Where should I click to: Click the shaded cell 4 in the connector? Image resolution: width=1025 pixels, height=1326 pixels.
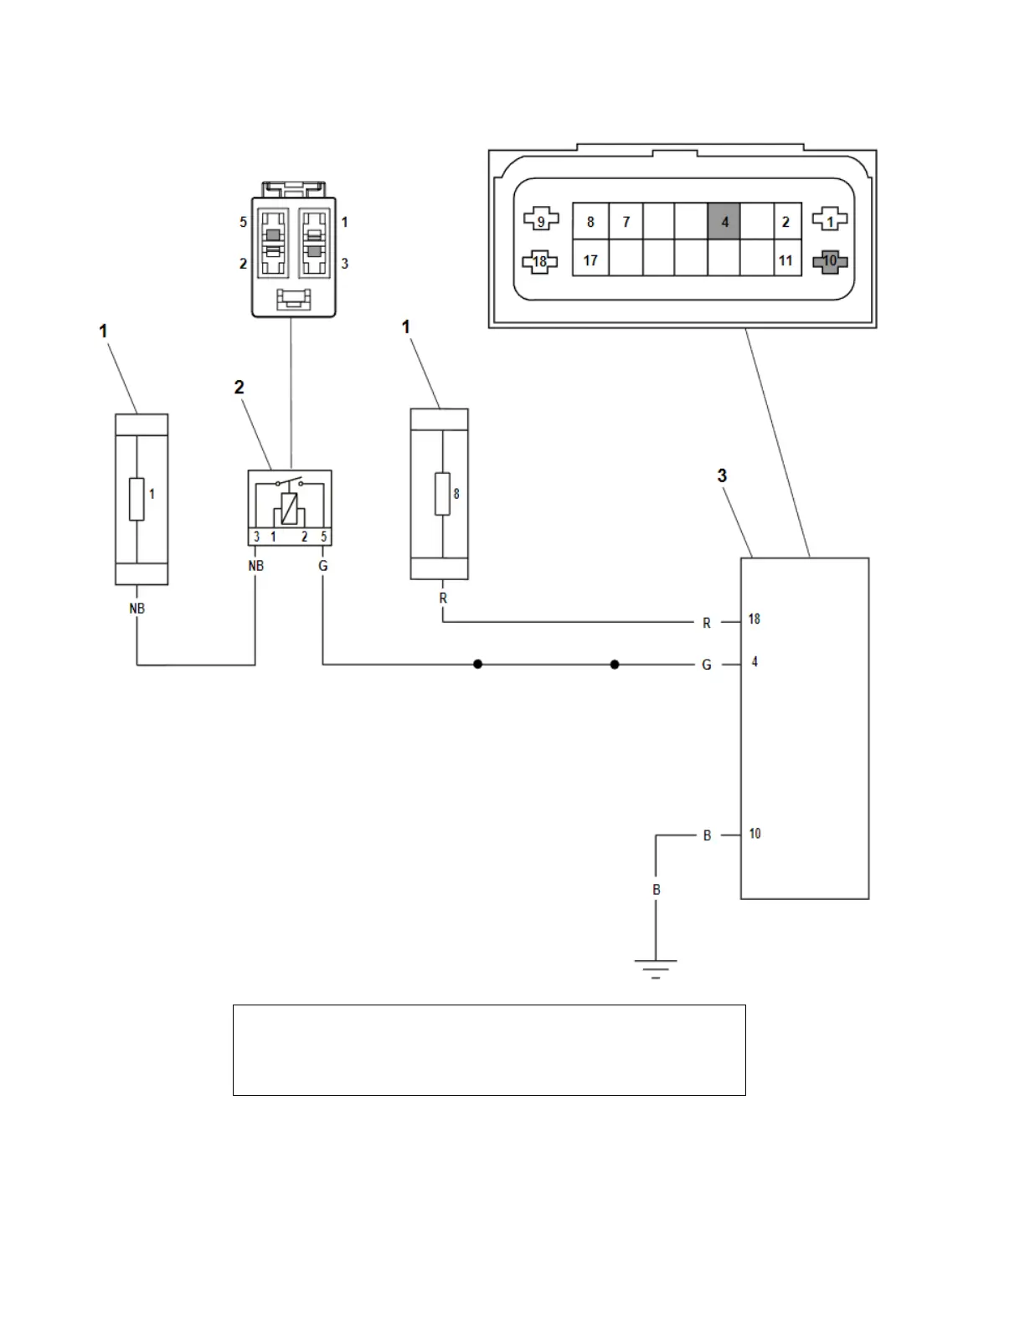tap(724, 222)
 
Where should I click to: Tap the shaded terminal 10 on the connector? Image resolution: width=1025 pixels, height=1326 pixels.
tap(830, 261)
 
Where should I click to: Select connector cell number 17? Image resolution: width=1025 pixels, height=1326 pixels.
tap(590, 260)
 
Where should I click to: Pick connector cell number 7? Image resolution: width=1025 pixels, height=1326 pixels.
tap(626, 222)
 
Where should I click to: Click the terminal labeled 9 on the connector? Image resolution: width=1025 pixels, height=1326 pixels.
tap(541, 221)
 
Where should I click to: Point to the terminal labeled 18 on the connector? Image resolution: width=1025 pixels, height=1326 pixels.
tap(540, 261)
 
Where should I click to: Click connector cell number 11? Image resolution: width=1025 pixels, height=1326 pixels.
tap(785, 260)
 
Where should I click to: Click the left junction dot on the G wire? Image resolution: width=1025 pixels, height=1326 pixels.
tap(477, 665)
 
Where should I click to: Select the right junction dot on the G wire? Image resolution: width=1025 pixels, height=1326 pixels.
tap(615, 665)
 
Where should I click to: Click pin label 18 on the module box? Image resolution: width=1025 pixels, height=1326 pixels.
tap(754, 619)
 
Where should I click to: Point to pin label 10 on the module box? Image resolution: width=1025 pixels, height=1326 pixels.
tap(755, 834)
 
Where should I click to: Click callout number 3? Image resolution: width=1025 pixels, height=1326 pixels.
tap(722, 475)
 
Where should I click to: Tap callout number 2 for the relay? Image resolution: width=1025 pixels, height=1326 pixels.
tap(239, 387)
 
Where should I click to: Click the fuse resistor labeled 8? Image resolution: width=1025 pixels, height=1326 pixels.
tap(442, 494)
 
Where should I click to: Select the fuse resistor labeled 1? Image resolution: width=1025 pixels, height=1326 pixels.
tap(137, 499)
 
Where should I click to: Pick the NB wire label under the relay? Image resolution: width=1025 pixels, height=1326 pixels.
tap(256, 566)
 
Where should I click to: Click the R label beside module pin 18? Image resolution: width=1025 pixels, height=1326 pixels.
tap(707, 623)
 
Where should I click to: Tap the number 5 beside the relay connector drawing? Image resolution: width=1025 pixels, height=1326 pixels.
tap(244, 222)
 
